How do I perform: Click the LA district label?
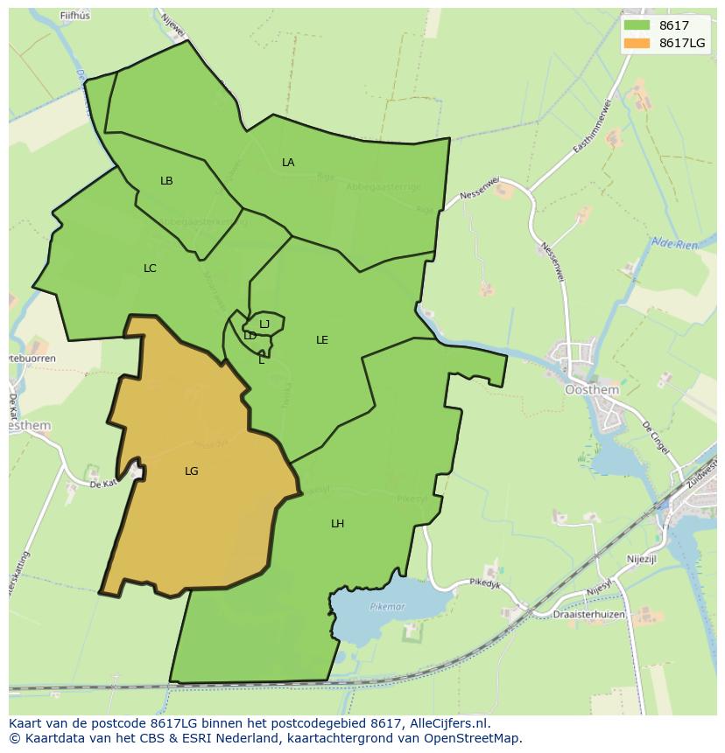288,163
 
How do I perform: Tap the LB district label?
166,181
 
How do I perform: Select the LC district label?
150,268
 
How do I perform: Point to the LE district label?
322,340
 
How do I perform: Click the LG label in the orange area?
192,471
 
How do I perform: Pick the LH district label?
337,524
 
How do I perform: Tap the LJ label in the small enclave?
264,324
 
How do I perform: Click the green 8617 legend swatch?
637,25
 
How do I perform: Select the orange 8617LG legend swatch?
637,43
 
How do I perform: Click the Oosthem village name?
592,390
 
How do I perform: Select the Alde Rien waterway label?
674,244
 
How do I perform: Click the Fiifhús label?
75,16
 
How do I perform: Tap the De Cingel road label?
656,437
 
